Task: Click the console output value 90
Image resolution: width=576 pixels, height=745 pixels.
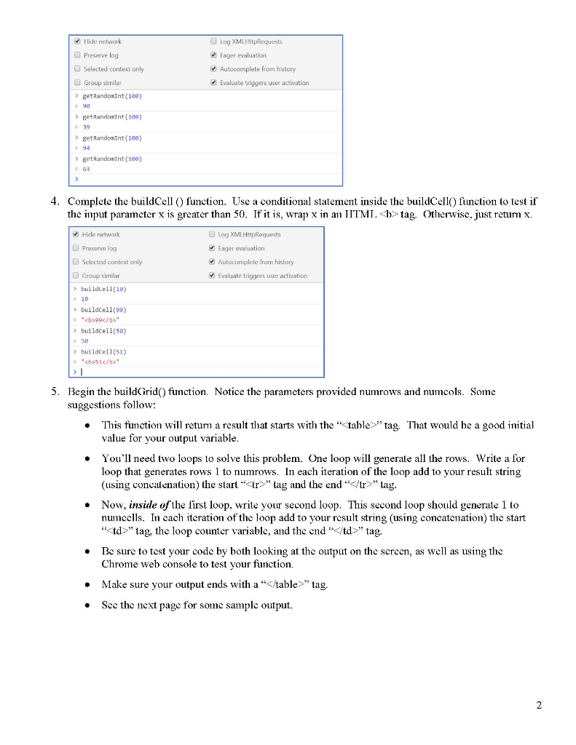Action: click(86, 105)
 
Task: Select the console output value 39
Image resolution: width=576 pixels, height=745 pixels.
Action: click(86, 127)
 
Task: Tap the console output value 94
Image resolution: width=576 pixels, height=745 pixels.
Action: click(86, 148)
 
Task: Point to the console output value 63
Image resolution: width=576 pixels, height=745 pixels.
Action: click(86, 168)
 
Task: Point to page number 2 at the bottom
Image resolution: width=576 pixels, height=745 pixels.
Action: click(539, 705)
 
